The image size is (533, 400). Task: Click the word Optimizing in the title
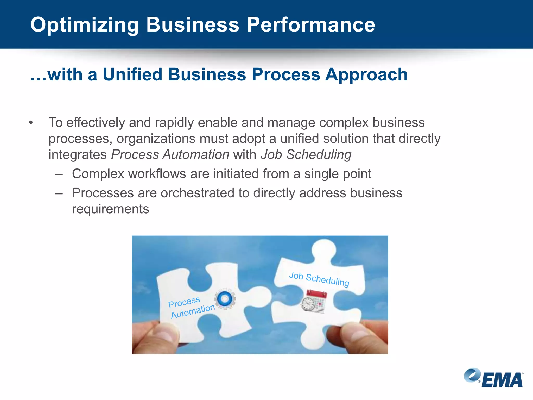click(84, 25)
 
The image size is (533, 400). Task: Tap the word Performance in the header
click(311, 25)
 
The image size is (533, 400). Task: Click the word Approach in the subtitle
click(366, 75)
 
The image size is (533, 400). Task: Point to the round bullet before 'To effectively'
click(31, 123)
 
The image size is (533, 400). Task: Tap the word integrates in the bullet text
click(78, 155)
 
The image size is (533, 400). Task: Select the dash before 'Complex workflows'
click(59, 174)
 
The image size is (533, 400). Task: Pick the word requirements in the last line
click(110, 209)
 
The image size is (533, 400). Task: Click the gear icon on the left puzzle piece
click(225, 299)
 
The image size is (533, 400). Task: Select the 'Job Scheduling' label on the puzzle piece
click(319, 279)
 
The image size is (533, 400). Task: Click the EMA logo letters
click(502, 380)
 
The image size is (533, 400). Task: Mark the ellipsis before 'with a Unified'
click(38, 78)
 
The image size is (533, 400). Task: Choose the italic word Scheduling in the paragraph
click(319, 155)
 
